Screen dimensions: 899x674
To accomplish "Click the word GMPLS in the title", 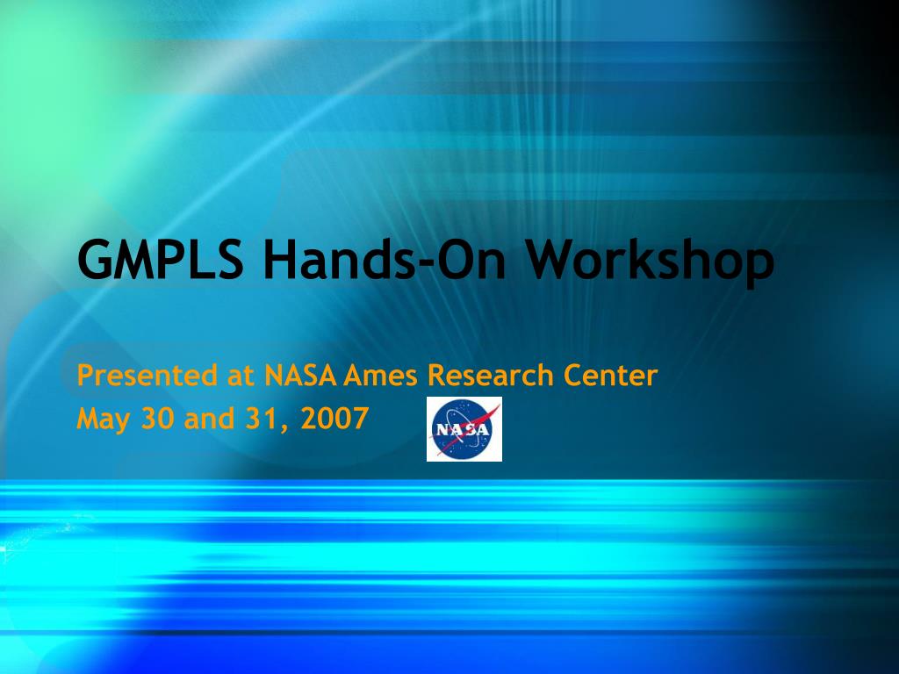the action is point(160,259).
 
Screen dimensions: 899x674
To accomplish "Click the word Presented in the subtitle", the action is point(147,376).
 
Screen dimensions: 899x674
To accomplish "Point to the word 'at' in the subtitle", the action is point(241,376).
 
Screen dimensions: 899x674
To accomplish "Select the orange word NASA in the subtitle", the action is point(300,376).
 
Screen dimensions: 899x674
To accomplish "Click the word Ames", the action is point(380,376).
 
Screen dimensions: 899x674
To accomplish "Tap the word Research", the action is point(490,375).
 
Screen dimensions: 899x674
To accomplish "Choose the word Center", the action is point(611,376).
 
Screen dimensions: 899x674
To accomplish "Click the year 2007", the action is point(334,418).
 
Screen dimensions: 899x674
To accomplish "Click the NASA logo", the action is point(464,429).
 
